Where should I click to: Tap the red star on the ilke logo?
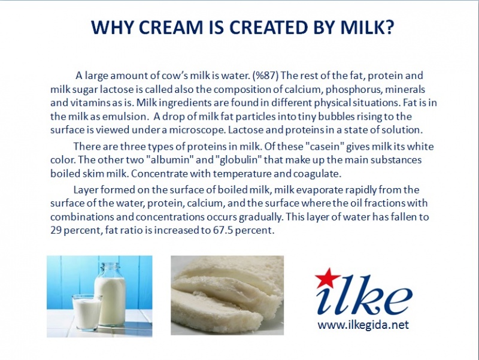[x=326, y=277]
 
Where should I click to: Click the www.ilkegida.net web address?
[x=363, y=325]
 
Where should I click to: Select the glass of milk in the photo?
[x=87, y=312]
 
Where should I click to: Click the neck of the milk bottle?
[x=109, y=270]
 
